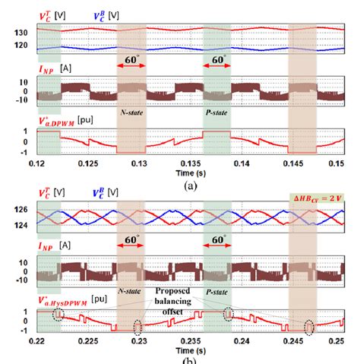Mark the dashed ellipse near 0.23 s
pos(137,328)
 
